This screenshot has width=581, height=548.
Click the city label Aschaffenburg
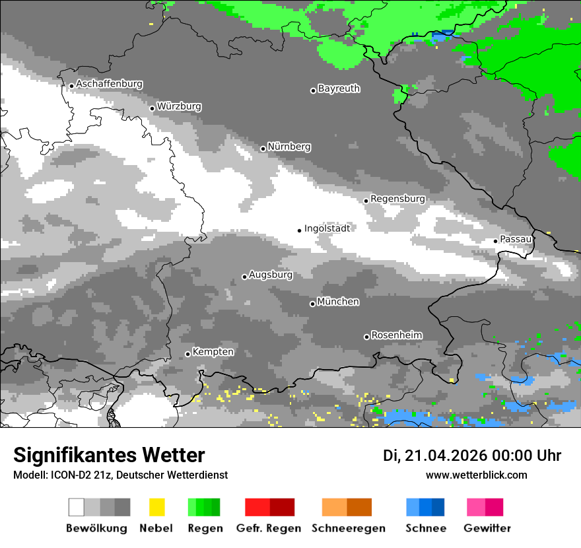pyautogui.click(x=109, y=85)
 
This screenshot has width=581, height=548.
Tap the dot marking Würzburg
pyautogui.click(x=152, y=108)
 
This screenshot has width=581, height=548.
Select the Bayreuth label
pyautogui.click(x=339, y=88)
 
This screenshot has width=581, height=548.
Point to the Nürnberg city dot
pyautogui.click(x=263, y=149)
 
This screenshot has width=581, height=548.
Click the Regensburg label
pyautogui.click(x=397, y=199)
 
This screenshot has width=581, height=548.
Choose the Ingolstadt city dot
pyautogui.click(x=299, y=230)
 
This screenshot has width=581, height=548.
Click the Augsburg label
pyautogui.click(x=271, y=275)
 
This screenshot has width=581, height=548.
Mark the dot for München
pyautogui.click(x=312, y=304)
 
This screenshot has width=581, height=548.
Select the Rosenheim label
pyautogui.click(x=396, y=335)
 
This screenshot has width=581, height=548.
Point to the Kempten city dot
pyautogui.click(x=188, y=354)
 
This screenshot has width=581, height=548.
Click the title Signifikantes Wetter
pyautogui.click(x=109, y=456)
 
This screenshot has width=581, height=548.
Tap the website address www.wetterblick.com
pyautogui.click(x=476, y=475)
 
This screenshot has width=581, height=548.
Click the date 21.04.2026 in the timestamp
pyautogui.click(x=446, y=456)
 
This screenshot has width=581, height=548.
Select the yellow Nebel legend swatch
pyautogui.click(x=156, y=507)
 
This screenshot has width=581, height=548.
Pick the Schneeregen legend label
pyautogui.click(x=349, y=529)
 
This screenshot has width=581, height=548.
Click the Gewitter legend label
pyautogui.click(x=487, y=529)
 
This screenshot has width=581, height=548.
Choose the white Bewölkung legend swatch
pyautogui.click(x=76, y=507)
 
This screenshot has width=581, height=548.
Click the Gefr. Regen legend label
pyautogui.click(x=268, y=529)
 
